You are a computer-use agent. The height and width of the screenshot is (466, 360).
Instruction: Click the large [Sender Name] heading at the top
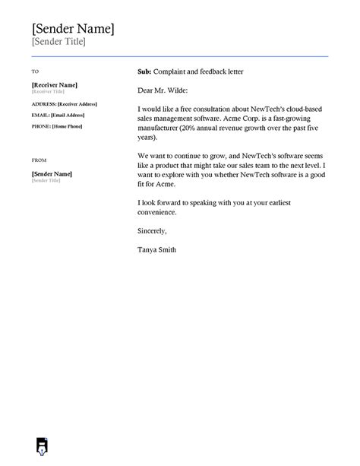pyautogui.click(x=73, y=29)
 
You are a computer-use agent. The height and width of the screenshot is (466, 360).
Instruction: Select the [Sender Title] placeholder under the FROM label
pyautogui.click(x=46, y=182)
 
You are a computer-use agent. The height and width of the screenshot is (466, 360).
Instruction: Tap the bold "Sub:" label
pyautogui.click(x=145, y=71)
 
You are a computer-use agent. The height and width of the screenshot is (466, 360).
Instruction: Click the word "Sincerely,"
pyautogui.click(x=152, y=230)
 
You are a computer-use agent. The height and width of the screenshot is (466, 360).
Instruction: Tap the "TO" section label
pyautogui.click(x=35, y=71)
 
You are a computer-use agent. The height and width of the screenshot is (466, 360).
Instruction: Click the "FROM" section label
pyautogui.click(x=39, y=161)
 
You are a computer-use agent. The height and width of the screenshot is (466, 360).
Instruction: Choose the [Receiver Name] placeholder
pyautogui.click(x=55, y=84)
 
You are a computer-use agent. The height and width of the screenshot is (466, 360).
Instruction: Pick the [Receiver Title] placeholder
pyautogui.click(x=47, y=91)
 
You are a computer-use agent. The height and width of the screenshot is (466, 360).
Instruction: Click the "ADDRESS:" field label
pyautogui.click(x=44, y=103)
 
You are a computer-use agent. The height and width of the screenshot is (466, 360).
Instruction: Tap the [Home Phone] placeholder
pyautogui.click(x=68, y=125)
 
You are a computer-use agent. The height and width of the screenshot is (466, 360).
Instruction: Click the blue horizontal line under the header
pyautogui.click(x=180, y=56)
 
